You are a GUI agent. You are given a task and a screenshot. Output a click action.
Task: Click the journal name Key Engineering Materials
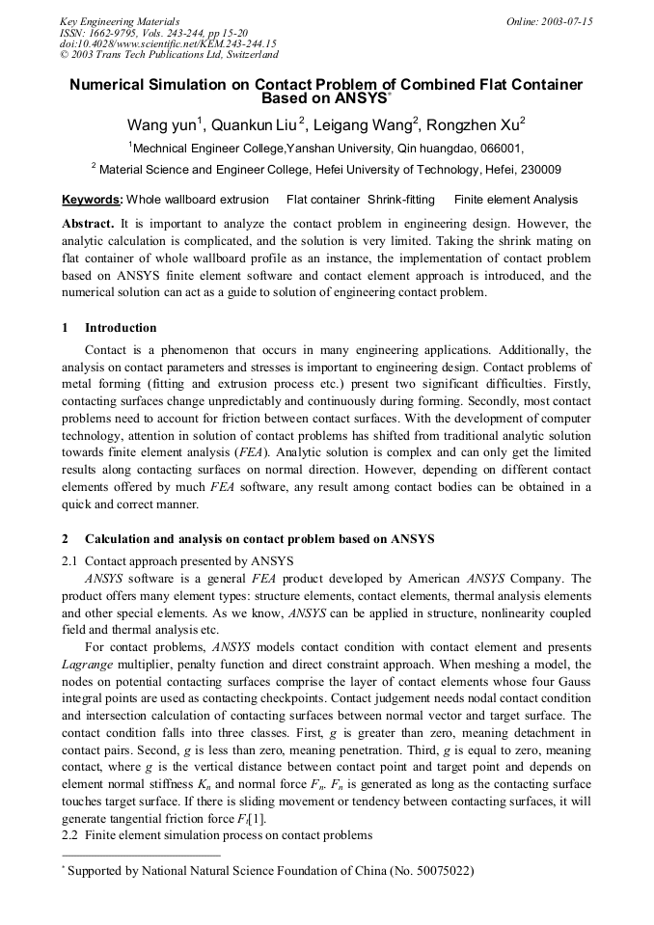point(120,21)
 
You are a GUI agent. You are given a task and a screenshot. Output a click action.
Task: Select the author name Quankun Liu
point(255,124)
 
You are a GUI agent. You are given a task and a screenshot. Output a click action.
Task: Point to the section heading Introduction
point(121,328)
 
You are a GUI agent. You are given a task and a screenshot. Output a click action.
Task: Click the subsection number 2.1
point(70,561)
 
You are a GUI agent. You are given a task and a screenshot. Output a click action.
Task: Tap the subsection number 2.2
point(70,834)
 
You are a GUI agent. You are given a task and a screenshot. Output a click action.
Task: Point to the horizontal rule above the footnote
point(140,855)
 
